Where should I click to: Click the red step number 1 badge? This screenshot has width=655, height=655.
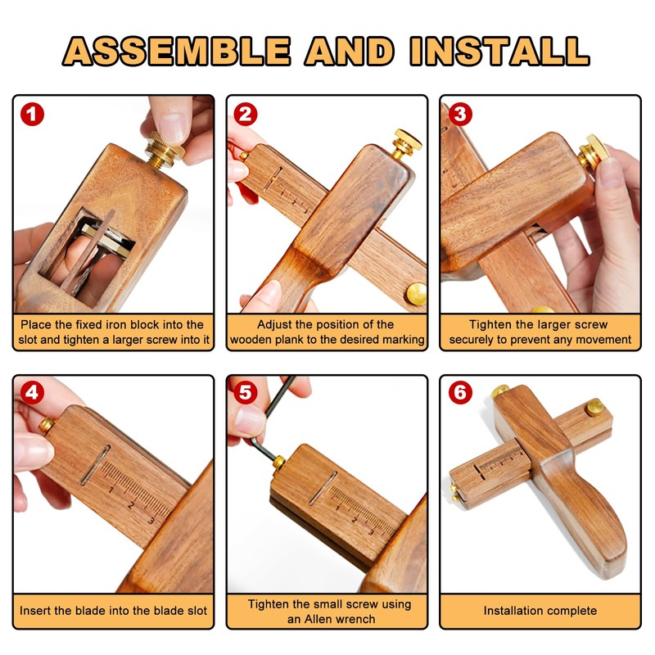click(x=32, y=114)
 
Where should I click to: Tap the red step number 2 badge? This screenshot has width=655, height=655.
click(x=246, y=114)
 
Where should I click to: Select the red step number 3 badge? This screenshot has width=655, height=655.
click(x=460, y=114)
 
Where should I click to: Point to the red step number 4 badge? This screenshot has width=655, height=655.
click(x=32, y=392)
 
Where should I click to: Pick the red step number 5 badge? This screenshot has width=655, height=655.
click(x=246, y=392)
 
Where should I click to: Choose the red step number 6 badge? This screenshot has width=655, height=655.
click(x=460, y=392)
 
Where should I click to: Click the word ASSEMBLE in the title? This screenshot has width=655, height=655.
click(x=177, y=52)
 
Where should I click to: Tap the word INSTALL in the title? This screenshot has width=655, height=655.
click(x=499, y=52)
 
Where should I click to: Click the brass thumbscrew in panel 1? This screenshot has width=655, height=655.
click(x=163, y=149)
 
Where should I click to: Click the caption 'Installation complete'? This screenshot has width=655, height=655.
click(x=540, y=611)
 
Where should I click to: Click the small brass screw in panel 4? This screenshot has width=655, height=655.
click(x=47, y=426)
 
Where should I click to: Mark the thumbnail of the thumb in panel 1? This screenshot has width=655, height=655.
click(x=170, y=126)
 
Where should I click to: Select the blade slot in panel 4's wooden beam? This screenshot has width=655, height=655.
click(x=95, y=465)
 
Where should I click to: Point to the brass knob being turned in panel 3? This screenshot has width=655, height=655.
click(x=593, y=152)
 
